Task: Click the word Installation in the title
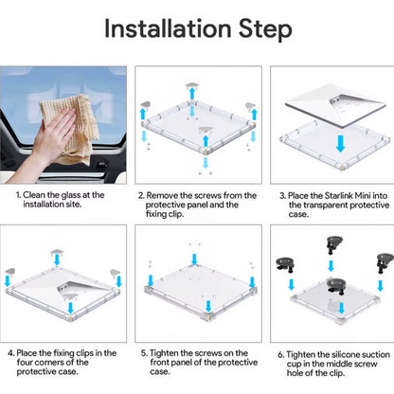click(x=168, y=28)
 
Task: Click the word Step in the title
click(x=265, y=29)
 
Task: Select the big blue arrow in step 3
click(x=340, y=144)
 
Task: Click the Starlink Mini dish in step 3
click(x=335, y=105)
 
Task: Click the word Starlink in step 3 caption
click(x=339, y=196)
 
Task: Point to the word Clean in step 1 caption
click(x=34, y=195)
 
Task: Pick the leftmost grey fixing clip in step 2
click(x=145, y=104)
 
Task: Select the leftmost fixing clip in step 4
click(x=10, y=271)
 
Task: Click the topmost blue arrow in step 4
click(x=57, y=260)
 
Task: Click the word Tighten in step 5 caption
click(x=164, y=353)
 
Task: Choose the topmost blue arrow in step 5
click(x=194, y=259)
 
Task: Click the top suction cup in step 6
click(x=334, y=243)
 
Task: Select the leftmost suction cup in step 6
click(x=285, y=264)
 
